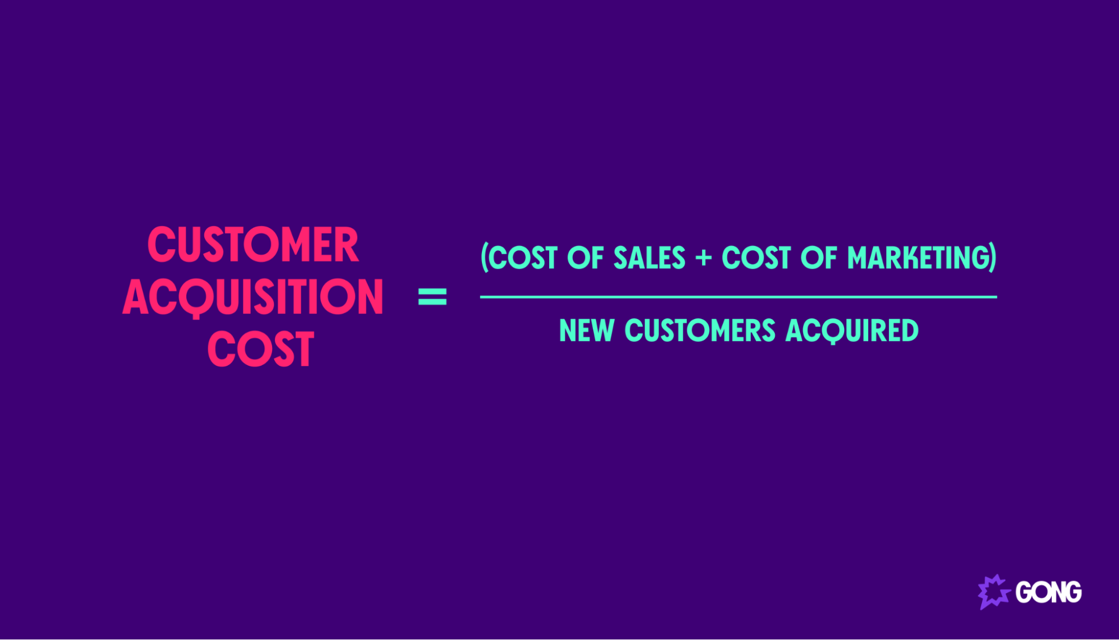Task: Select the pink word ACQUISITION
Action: point(253,297)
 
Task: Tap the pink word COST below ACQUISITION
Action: point(260,349)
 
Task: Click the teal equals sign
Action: point(432,297)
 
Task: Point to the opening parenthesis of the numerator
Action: point(485,258)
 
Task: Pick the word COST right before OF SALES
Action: point(525,258)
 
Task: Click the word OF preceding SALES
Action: point(585,258)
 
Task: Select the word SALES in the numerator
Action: point(649,258)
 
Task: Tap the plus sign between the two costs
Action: point(703,258)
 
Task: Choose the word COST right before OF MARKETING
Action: point(756,258)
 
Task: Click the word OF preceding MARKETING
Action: point(818,258)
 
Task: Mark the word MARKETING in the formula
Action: point(918,258)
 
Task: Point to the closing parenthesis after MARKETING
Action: point(993,258)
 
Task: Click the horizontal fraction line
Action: point(738,297)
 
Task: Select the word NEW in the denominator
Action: point(587,330)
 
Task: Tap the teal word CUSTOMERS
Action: point(700,330)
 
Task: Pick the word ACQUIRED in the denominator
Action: point(852,330)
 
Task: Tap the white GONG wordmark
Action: point(1048,592)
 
